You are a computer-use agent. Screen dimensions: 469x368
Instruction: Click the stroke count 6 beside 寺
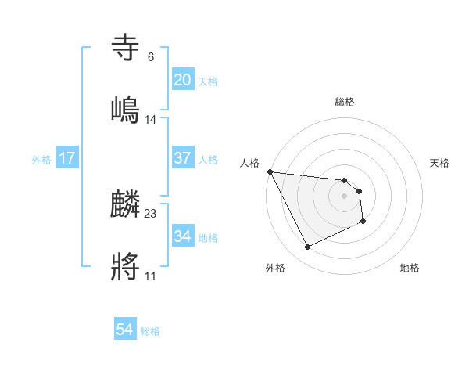pyautogui.click(x=151, y=57)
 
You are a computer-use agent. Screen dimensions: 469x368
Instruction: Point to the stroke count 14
pyautogui.click(x=151, y=119)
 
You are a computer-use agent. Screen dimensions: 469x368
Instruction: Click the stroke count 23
pyautogui.click(x=151, y=214)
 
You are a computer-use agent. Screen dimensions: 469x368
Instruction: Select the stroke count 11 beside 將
pyautogui.click(x=151, y=276)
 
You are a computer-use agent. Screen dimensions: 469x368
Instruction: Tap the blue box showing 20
pyautogui.click(x=183, y=80)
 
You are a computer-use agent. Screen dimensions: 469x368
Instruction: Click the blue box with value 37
pyautogui.click(x=183, y=158)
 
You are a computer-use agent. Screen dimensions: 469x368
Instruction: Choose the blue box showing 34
pyautogui.click(x=183, y=236)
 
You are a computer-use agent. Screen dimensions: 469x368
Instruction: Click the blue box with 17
pyautogui.click(x=67, y=158)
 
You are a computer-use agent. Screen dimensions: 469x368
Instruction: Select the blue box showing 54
pyautogui.click(x=125, y=330)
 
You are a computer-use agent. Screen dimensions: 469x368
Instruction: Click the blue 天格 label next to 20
pyautogui.click(x=208, y=81)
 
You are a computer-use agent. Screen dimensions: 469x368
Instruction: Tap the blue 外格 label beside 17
pyautogui.click(x=41, y=160)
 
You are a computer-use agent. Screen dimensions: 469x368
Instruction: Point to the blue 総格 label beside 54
pyautogui.click(x=150, y=331)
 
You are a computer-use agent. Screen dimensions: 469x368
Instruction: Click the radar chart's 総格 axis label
pyautogui.click(x=345, y=102)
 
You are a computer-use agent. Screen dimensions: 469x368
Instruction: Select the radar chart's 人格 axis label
pyautogui.click(x=250, y=163)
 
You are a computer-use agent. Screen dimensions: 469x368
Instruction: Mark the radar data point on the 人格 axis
pyautogui.click(x=270, y=171)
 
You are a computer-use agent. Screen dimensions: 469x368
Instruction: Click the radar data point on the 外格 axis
pyautogui.click(x=307, y=247)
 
